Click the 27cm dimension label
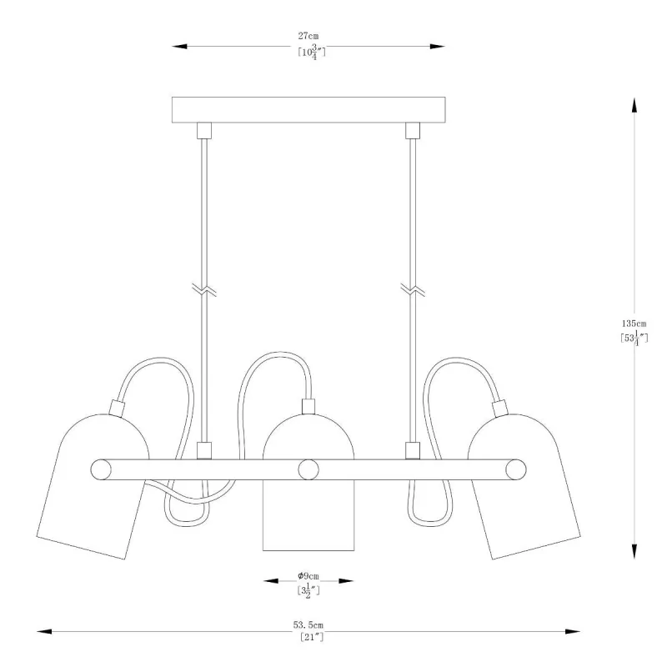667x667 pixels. click(x=308, y=36)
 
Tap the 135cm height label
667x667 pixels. click(x=634, y=323)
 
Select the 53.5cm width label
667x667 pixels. click(x=308, y=624)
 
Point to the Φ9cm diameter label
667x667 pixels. click(x=308, y=576)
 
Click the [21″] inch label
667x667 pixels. click(x=311, y=637)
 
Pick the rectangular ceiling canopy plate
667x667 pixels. click(x=308, y=110)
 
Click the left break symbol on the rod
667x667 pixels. click(x=204, y=289)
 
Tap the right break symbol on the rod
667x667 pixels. click(x=413, y=289)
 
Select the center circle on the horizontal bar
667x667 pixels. click(x=308, y=469)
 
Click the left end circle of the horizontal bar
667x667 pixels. click(x=101, y=469)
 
